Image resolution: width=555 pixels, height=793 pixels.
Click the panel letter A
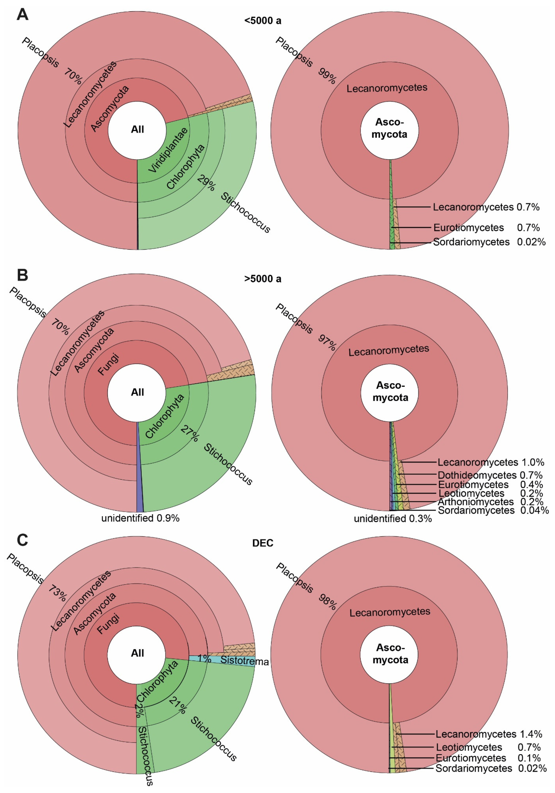click(x=22, y=15)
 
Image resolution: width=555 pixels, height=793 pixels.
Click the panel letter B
click(x=22, y=275)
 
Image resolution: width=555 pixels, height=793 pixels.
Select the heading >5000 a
click(x=263, y=279)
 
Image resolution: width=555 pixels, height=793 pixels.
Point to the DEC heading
click(x=263, y=543)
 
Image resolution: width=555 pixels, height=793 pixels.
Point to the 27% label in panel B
click(x=190, y=433)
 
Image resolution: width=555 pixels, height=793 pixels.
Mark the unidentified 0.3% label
click(x=393, y=518)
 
